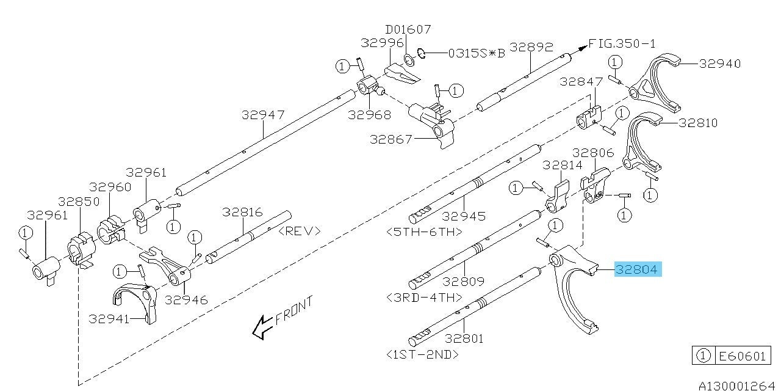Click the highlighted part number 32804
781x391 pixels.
point(638,269)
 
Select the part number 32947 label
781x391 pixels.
point(263,114)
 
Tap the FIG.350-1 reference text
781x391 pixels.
point(622,43)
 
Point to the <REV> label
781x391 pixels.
point(299,231)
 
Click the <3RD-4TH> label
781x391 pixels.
point(425,298)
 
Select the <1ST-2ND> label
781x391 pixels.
point(422,354)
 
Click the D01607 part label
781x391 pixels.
point(408,29)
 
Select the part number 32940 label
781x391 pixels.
point(720,63)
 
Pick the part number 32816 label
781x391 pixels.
point(242,213)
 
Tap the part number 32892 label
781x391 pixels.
point(531,46)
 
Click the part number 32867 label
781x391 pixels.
point(391,139)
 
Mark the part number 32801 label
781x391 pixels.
point(465,337)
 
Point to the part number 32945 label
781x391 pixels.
point(464,216)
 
